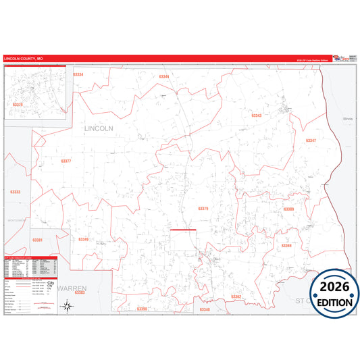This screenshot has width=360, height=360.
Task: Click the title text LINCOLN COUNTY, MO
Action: click(23, 59)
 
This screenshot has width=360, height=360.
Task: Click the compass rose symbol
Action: click(68, 306)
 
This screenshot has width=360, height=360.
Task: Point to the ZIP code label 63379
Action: click(203, 209)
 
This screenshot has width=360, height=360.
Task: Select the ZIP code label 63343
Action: click(256, 115)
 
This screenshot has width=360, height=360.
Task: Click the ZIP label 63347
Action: click(310, 140)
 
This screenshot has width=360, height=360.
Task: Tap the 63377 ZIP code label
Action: click(66, 161)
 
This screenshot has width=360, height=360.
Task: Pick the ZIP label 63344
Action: click(163, 77)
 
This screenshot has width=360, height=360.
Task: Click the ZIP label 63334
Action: click(78, 74)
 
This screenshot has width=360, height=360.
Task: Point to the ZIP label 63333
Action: click(16, 192)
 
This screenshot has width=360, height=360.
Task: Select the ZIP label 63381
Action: click(37, 240)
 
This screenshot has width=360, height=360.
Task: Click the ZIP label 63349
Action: click(83, 240)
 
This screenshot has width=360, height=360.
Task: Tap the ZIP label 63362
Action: click(236, 297)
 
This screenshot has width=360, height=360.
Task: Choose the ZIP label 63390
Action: click(141, 309)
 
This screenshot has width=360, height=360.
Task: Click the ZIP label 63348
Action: click(205, 309)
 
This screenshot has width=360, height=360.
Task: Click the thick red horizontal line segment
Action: click(183, 230)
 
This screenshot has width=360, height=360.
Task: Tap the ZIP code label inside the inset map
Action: click(18, 105)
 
